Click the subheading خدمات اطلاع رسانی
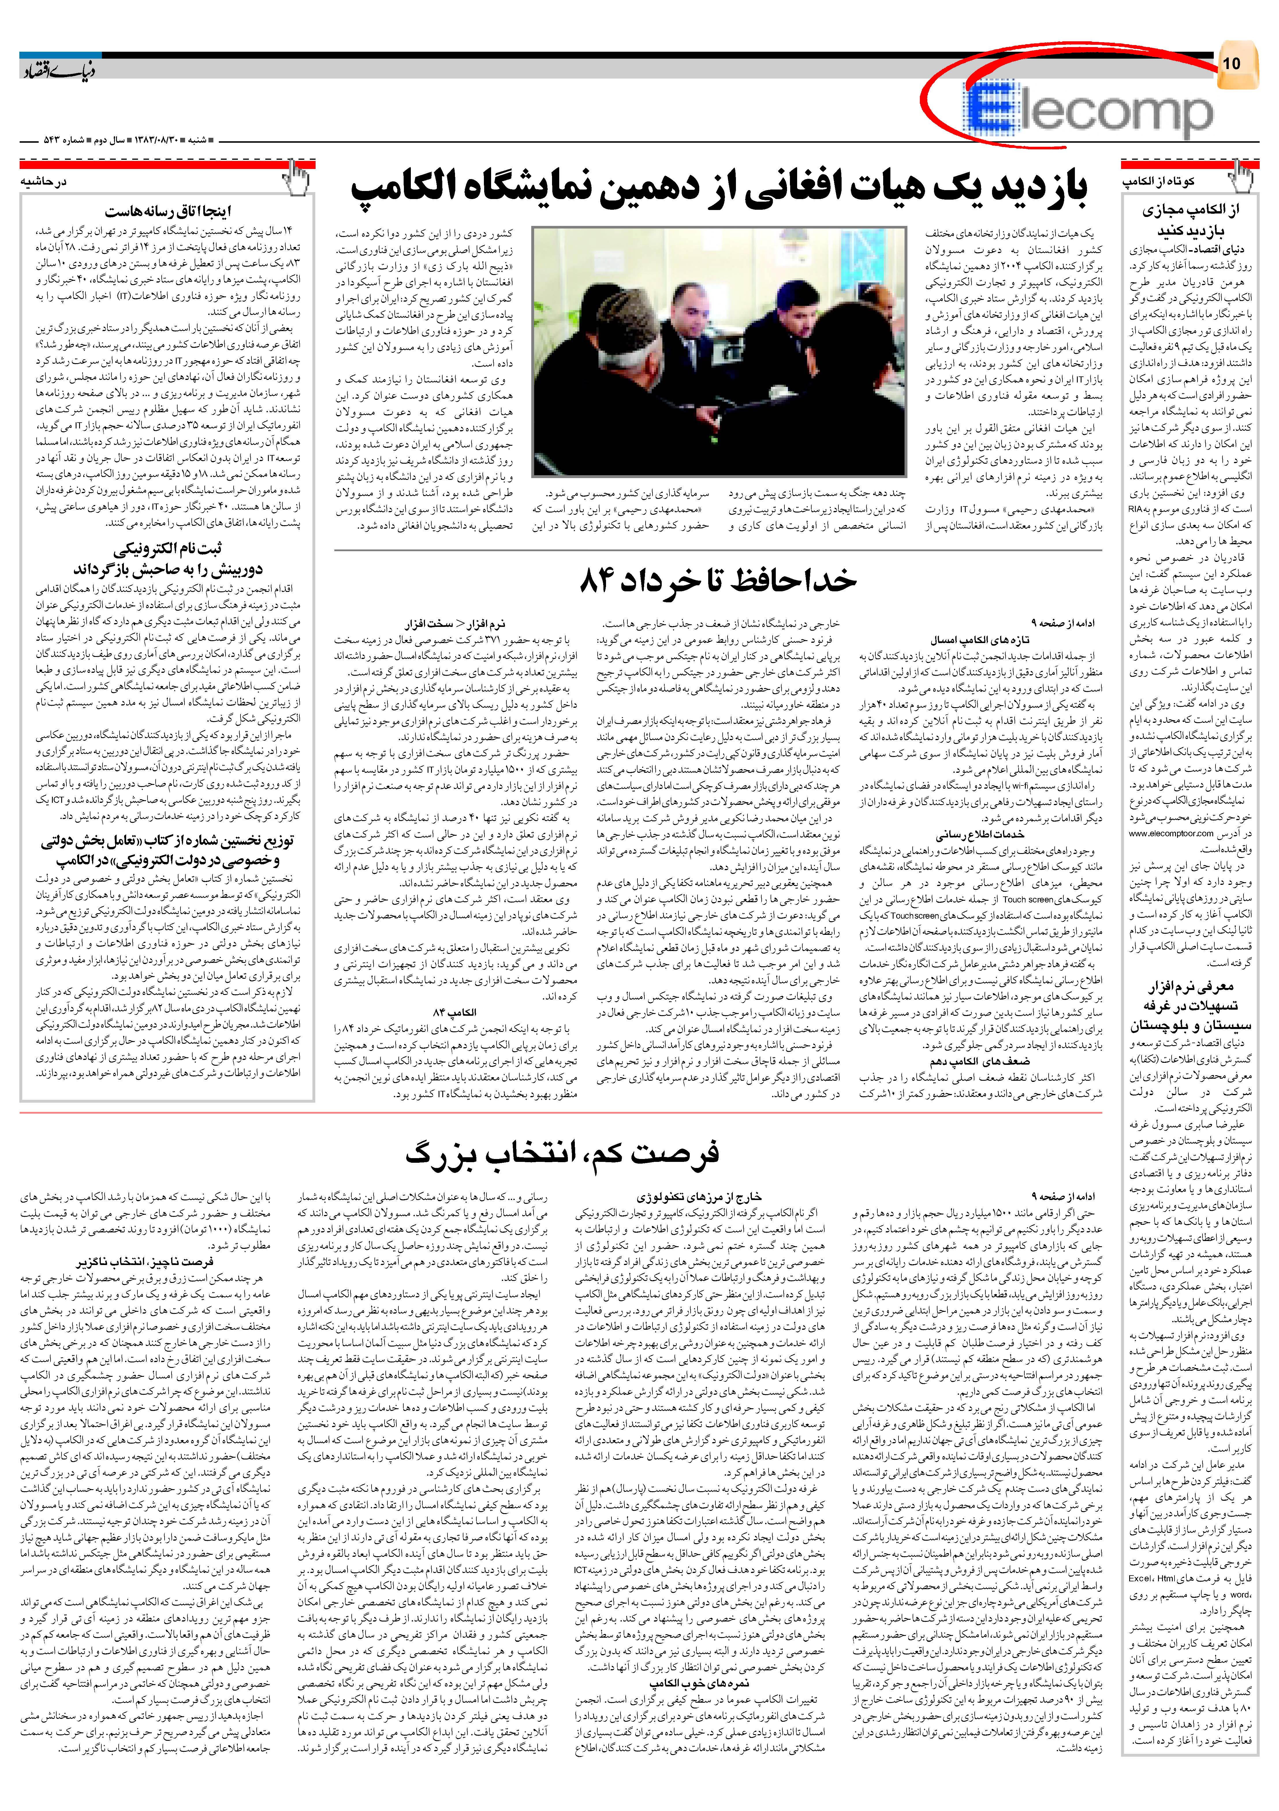click(980, 835)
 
